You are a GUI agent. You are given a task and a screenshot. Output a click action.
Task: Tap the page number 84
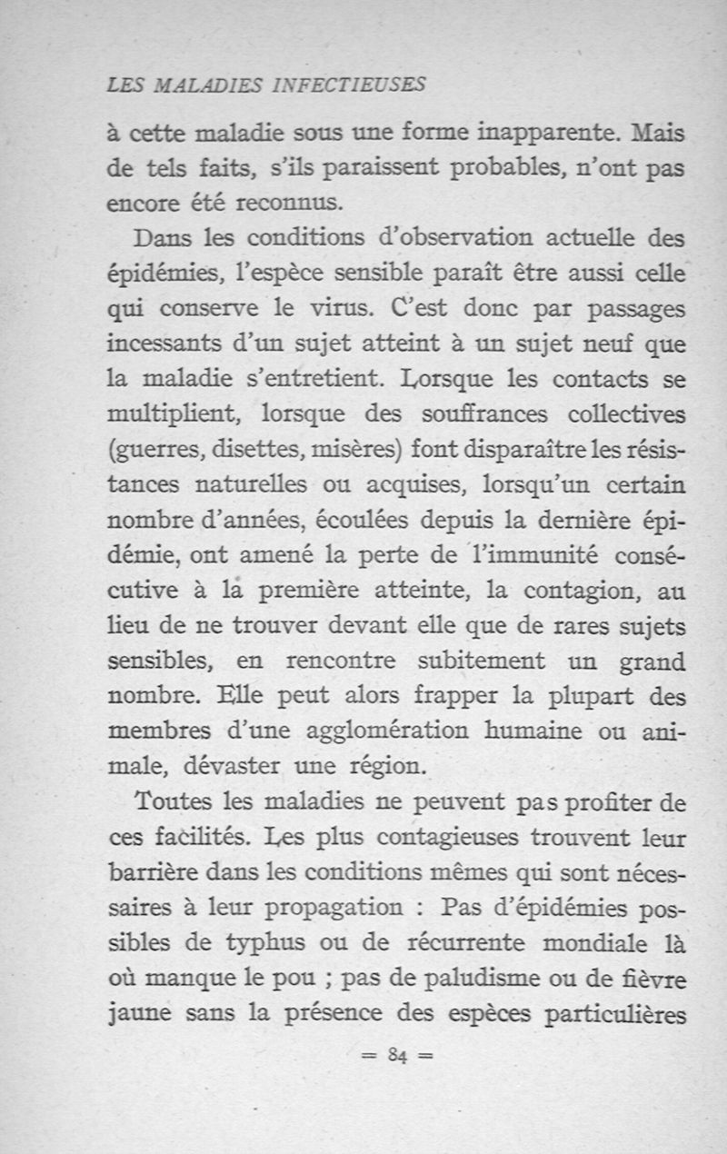point(394,1055)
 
